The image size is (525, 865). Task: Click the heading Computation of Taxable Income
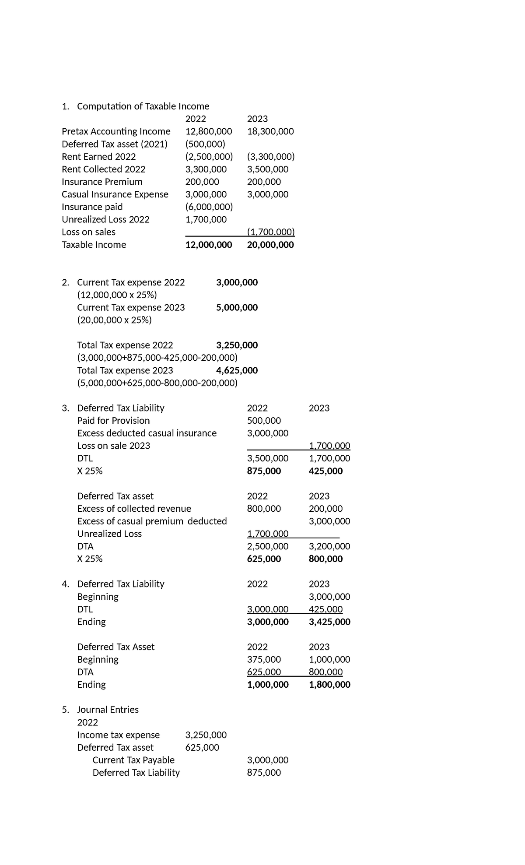tap(143, 106)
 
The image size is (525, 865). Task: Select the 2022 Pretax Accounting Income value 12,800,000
tap(209, 131)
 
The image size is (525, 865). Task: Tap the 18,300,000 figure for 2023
tap(270, 131)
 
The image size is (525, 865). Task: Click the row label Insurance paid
tap(92, 207)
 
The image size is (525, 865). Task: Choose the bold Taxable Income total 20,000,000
tap(270, 245)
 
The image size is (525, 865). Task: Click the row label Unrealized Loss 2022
tap(105, 219)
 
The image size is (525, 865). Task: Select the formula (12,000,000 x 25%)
tap(117, 295)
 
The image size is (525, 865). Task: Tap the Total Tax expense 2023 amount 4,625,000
tap(237, 370)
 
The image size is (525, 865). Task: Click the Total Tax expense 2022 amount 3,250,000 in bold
tap(237, 345)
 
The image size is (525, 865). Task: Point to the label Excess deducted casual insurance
tap(147, 433)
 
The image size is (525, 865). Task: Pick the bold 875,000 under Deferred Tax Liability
tap(264, 471)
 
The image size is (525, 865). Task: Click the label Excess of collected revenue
tap(134, 509)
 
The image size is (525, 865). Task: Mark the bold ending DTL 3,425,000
tap(329, 622)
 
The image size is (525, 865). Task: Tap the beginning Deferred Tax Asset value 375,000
tap(264, 660)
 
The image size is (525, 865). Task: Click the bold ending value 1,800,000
tap(329, 685)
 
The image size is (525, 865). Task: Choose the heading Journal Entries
tap(108, 710)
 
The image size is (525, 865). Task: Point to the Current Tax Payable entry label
tap(133, 760)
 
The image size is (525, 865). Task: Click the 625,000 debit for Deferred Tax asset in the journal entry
tap(202, 748)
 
